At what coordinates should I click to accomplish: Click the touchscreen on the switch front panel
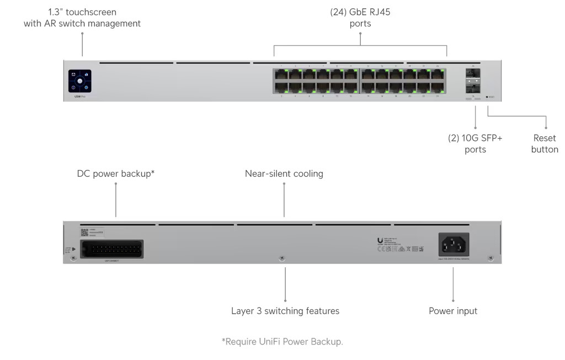79,81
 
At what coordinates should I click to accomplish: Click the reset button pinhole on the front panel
487,97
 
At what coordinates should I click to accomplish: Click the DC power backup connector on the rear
112,248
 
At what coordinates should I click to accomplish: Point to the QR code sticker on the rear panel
84,232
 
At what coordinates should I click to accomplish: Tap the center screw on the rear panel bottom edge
282,258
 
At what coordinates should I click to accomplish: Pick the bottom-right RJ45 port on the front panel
438,88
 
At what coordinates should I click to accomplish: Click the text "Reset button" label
544,144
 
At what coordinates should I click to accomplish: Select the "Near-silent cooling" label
284,174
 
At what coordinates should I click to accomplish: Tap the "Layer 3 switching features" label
285,311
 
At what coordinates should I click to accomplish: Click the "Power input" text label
452,311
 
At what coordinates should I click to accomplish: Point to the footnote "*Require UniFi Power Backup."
282,341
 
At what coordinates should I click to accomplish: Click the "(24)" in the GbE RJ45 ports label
338,12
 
